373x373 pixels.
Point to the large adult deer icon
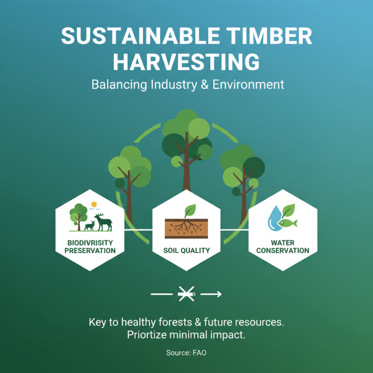tap(104, 222)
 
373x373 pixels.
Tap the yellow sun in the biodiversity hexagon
tap(94, 204)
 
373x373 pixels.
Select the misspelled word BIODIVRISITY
tap(90, 243)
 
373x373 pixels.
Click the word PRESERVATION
tap(90, 250)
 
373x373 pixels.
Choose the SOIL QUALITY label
tap(186, 250)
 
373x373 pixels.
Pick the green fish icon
tap(288, 223)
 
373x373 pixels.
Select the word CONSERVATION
tap(283, 250)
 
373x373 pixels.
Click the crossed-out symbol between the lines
tap(186, 294)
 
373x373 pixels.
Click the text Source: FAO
tap(186, 353)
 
